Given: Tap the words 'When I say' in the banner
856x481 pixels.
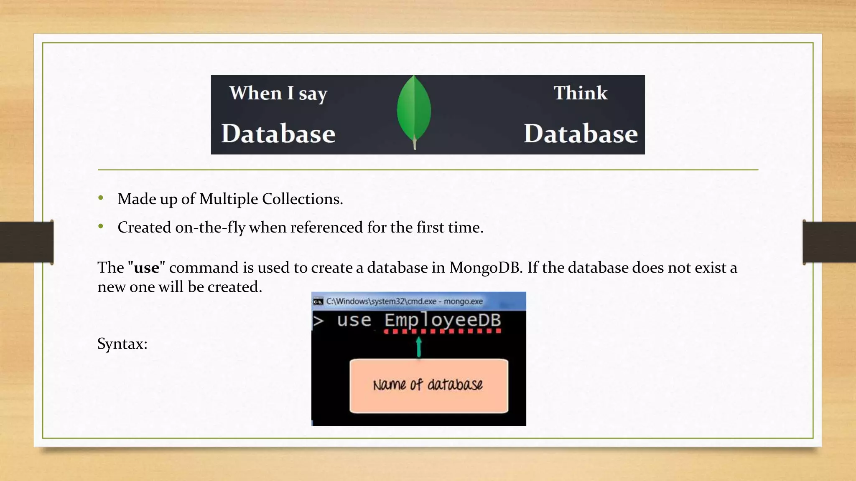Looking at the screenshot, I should [x=278, y=93].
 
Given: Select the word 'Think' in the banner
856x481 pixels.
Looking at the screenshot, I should [x=581, y=93].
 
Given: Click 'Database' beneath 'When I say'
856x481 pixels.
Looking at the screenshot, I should [x=278, y=134].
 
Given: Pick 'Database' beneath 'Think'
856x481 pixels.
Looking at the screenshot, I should [x=581, y=134].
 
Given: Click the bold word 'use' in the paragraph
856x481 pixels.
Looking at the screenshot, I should [x=147, y=268].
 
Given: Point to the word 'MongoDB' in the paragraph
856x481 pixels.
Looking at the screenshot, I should [x=485, y=268].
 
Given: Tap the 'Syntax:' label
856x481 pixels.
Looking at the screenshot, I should [x=122, y=344].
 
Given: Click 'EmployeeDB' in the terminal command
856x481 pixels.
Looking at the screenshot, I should [x=443, y=320].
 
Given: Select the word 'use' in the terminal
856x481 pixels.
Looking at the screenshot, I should [x=354, y=320].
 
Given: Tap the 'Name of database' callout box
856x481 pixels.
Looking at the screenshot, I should [x=429, y=385].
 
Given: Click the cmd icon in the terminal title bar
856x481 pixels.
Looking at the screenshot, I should [x=318, y=301].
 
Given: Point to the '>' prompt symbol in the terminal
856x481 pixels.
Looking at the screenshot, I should [x=318, y=321].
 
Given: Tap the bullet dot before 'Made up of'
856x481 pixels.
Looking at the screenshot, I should [x=101, y=198].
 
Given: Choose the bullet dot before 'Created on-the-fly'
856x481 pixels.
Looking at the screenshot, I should [x=101, y=226].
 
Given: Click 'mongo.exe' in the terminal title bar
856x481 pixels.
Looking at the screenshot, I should [x=463, y=301].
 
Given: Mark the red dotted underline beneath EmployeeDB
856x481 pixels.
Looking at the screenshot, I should [x=443, y=332].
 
